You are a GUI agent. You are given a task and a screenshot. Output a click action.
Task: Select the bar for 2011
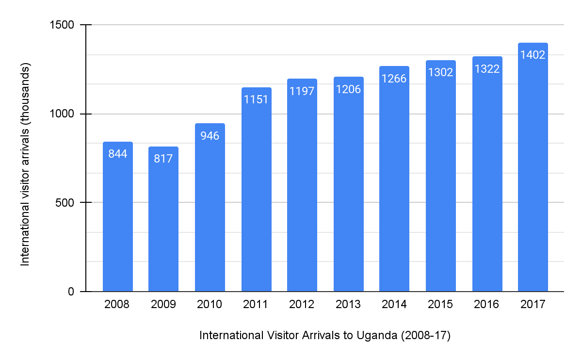click(x=256, y=194)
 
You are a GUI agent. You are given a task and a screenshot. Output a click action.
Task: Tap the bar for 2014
click(x=394, y=184)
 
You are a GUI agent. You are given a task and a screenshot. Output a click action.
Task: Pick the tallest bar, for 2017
click(x=533, y=170)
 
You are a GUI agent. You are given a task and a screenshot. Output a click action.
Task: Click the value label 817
click(x=163, y=159)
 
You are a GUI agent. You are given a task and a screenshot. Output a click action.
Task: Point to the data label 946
click(x=210, y=135)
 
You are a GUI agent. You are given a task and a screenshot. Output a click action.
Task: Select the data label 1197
click(x=302, y=91)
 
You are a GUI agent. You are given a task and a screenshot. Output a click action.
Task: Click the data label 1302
click(x=440, y=72)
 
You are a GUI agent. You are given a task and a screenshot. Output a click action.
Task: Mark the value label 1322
click(x=487, y=69)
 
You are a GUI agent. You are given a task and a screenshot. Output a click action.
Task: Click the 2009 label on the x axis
click(x=163, y=305)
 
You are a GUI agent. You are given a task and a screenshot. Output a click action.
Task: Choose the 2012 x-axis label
click(x=302, y=305)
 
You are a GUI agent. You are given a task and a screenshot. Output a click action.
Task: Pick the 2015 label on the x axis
click(x=440, y=305)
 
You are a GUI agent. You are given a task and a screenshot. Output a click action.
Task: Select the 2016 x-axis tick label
click(x=487, y=305)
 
